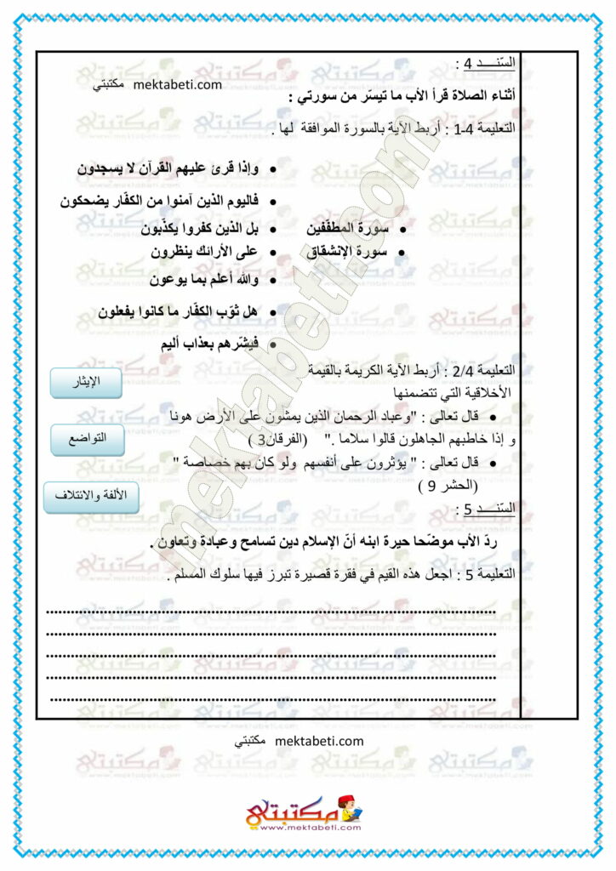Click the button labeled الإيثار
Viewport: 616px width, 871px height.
(87, 383)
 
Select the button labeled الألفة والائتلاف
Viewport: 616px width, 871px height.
(91, 496)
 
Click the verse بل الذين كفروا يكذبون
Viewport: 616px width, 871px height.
(191, 229)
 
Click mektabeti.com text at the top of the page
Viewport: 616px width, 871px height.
(178, 84)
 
